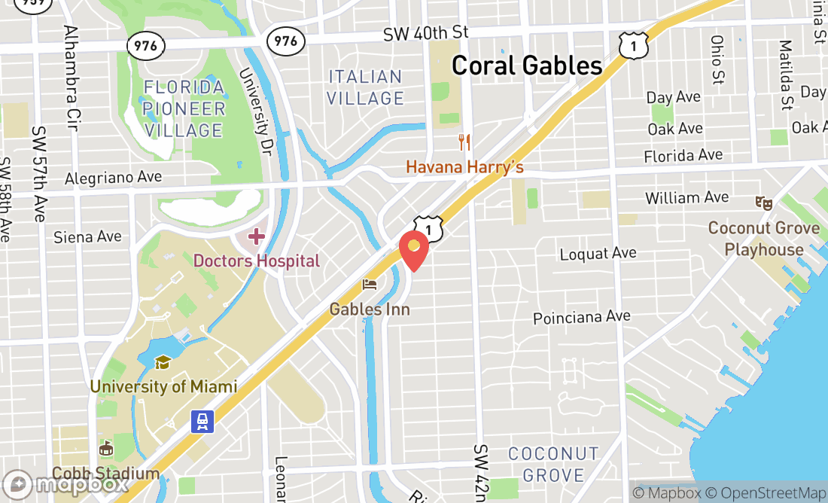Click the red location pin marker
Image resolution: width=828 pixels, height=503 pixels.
click(413, 250)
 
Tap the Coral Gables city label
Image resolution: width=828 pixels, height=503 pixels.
click(527, 66)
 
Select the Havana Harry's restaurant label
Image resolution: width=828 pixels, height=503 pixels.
click(464, 166)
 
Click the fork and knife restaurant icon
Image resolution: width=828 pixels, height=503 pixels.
click(464, 142)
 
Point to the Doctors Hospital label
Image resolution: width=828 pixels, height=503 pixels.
click(257, 261)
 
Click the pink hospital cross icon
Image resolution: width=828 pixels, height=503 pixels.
click(256, 237)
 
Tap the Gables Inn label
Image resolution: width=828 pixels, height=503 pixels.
click(370, 309)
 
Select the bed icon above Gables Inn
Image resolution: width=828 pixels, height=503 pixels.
click(370, 285)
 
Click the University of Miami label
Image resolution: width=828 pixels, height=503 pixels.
click(163, 387)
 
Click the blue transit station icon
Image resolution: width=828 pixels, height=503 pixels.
click(202, 421)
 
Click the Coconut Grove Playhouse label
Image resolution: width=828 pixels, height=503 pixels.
click(764, 239)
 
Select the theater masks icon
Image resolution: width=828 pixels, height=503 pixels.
click(764, 203)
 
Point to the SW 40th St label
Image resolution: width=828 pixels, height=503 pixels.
click(425, 33)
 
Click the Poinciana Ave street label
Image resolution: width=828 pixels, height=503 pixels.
click(581, 318)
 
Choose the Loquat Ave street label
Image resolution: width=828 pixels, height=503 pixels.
click(598, 254)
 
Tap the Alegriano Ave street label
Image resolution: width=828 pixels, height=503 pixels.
click(113, 178)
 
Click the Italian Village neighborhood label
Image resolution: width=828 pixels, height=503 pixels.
click(366, 87)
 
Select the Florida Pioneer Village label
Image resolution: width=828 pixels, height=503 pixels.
click(184, 109)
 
